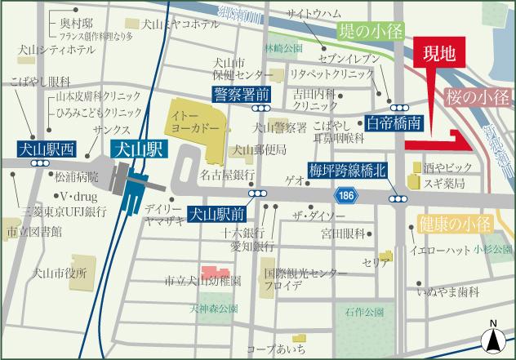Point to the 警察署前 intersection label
pyautogui.click(x=242, y=94)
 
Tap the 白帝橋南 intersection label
pyautogui.click(x=394, y=123)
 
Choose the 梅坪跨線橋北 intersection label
pyautogui.click(x=347, y=171)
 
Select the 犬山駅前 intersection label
pyautogui.click(x=217, y=216)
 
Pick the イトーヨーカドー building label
pyautogui.click(x=192, y=123)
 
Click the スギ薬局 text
pyautogui.click(x=444, y=182)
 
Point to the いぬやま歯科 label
pyautogui.click(x=447, y=291)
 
